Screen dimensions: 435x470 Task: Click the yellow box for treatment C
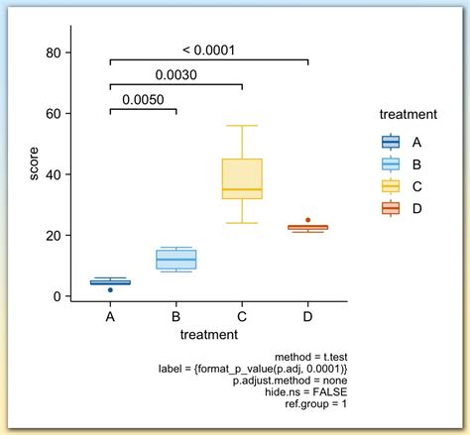pyautogui.click(x=242, y=178)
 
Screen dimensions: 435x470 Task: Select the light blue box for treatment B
pyautogui.click(x=176, y=259)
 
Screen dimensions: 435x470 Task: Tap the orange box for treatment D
pyautogui.click(x=307, y=228)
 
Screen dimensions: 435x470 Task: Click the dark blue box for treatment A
pyautogui.click(x=110, y=282)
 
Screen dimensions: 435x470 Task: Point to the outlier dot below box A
pyautogui.click(x=110, y=290)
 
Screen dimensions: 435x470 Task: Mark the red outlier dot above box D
pyautogui.click(x=307, y=220)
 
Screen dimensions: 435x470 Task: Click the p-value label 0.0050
pyautogui.click(x=143, y=99)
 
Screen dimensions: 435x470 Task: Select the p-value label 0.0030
pyautogui.click(x=176, y=74)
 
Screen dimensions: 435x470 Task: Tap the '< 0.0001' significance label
pyautogui.click(x=208, y=50)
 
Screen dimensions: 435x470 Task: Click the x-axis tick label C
pyautogui.click(x=242, y=317)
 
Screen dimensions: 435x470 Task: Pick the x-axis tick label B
pyautogui.click(x=176, y=317)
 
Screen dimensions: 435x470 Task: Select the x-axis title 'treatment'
pyautogui.click(x=208, y=336)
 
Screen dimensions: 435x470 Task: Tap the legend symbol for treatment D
pyautogui.click(x=391, y=207)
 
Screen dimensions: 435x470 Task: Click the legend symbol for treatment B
pyautogui.click(x=391, y=163)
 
